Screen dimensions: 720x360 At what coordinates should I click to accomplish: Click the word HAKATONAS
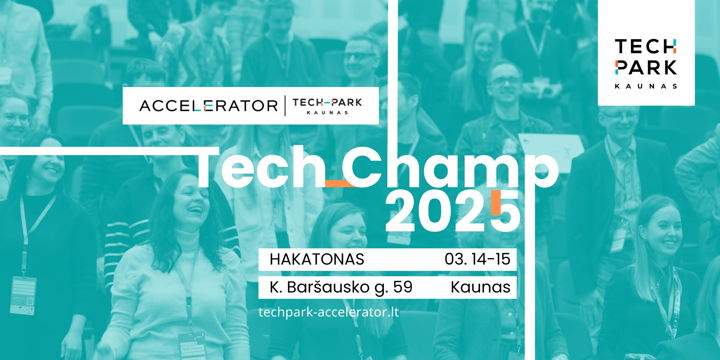click(x=317, y=259)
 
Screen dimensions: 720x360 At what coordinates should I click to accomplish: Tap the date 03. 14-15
click(x=477, y=259)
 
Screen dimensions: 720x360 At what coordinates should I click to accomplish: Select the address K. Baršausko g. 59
click(x=341, y=287)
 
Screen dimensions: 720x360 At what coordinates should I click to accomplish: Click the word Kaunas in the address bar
click(x=480, y=287)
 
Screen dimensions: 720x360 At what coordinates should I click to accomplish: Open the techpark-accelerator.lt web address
click(x=328, y=312)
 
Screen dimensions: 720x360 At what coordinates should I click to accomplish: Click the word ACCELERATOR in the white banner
click(x=208, y=106)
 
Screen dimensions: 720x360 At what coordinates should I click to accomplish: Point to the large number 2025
click(x=453, y=211)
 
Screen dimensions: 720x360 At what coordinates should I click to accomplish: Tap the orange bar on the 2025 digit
click(x=496, y=202)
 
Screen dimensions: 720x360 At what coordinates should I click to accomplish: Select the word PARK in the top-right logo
click(x=646, y=67)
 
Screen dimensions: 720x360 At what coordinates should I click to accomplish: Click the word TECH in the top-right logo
click(x=646, y=46)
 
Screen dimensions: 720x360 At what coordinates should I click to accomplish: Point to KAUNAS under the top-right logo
click(x=646, y=86)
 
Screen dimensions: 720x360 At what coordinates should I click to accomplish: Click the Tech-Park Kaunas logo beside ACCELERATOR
click(x=327, y=106)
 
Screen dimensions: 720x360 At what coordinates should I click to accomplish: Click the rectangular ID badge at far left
click(x=23, y=295)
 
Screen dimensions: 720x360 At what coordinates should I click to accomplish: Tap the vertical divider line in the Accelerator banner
click(x=285, y=106)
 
